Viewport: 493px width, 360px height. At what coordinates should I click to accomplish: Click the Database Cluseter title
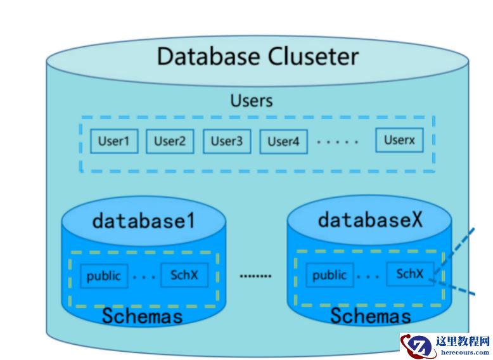coord(257,56)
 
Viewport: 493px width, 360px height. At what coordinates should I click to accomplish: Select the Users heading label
coord(252,101)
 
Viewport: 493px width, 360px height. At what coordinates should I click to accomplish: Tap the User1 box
coord(113,141)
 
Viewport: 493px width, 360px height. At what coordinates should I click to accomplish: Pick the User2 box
coord(170,141)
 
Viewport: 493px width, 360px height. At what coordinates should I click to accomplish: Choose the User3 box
coord(226,141)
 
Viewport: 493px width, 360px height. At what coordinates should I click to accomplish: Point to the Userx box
coord(399,140)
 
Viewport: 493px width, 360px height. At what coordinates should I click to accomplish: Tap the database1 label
coord(143,221)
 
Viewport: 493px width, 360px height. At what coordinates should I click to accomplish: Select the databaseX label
coord(370,220)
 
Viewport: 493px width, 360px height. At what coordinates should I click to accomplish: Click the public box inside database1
coord(104,276)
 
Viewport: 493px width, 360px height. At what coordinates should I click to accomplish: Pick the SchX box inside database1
coord(184,275)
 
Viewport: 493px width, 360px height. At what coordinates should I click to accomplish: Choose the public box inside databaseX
coord(330,276)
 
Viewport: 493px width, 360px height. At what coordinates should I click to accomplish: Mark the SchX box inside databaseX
coord(410,274)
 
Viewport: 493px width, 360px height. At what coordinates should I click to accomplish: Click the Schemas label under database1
coord(143,315)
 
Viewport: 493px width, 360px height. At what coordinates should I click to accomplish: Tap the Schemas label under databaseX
coord(370,315)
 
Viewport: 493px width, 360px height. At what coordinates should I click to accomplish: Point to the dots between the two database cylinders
coord(255,276)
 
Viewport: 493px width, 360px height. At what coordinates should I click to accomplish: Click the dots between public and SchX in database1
coord(144,276)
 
